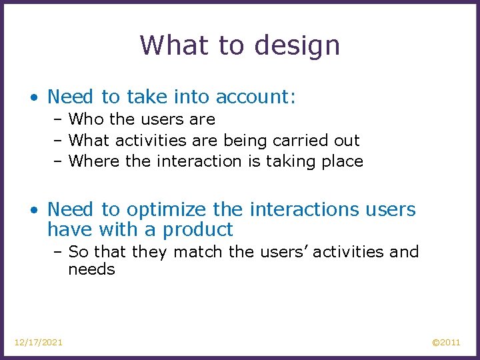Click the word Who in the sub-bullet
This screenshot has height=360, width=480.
[84, 119]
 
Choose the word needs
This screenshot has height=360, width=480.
[91, 269]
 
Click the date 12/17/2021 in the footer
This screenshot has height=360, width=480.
[39, 342]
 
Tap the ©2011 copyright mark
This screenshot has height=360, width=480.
[446, 342]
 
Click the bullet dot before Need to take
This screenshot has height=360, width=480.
[34, 97]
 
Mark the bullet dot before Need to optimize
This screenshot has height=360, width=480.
[34, 210]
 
